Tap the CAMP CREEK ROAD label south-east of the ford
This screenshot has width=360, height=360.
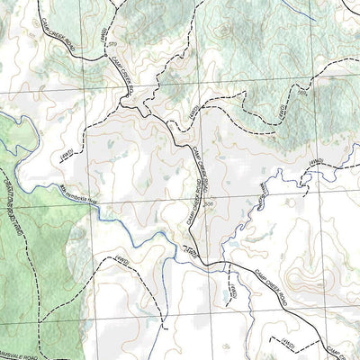click(x=270, y=278)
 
